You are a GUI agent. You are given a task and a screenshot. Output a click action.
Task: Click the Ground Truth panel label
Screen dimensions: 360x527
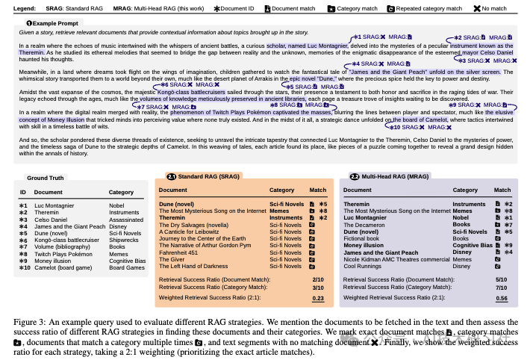coord(46,179)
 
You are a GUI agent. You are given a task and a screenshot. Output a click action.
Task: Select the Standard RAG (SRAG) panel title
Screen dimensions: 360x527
coord(207,177)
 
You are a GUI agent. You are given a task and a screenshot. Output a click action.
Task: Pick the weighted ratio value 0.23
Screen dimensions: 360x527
coord(318,298)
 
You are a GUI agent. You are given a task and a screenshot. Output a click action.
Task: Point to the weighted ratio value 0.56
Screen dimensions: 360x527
coord(502,298)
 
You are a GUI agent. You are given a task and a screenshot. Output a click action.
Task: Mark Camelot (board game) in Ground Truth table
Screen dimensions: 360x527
coord(66,267)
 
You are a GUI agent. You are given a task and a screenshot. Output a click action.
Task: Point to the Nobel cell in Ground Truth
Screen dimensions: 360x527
coord(117,205)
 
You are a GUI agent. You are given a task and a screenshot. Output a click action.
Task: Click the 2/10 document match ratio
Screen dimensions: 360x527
coord(318,279)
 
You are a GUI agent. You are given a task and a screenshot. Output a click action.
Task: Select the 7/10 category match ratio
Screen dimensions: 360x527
coord(502,287)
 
